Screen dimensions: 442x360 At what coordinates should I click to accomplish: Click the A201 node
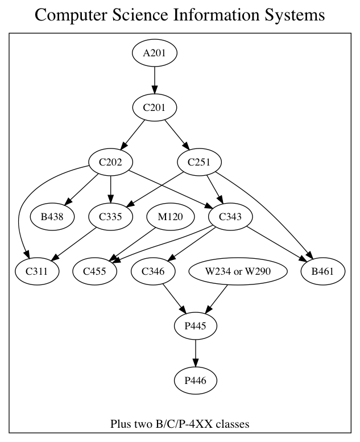click(x=155, y=53)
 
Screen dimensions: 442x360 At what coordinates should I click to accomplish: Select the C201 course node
click(x=155, y=108)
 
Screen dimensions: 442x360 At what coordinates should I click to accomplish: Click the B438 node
click(x=52, y=217)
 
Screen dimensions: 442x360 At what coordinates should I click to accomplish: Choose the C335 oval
click(x=111, y=217)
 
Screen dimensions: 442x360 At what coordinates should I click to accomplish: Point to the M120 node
click(x=168, y=217)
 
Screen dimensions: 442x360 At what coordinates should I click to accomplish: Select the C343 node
click(x=231, y=217)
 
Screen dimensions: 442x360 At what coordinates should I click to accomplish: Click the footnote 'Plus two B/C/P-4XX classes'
click(x=180, y=424)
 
